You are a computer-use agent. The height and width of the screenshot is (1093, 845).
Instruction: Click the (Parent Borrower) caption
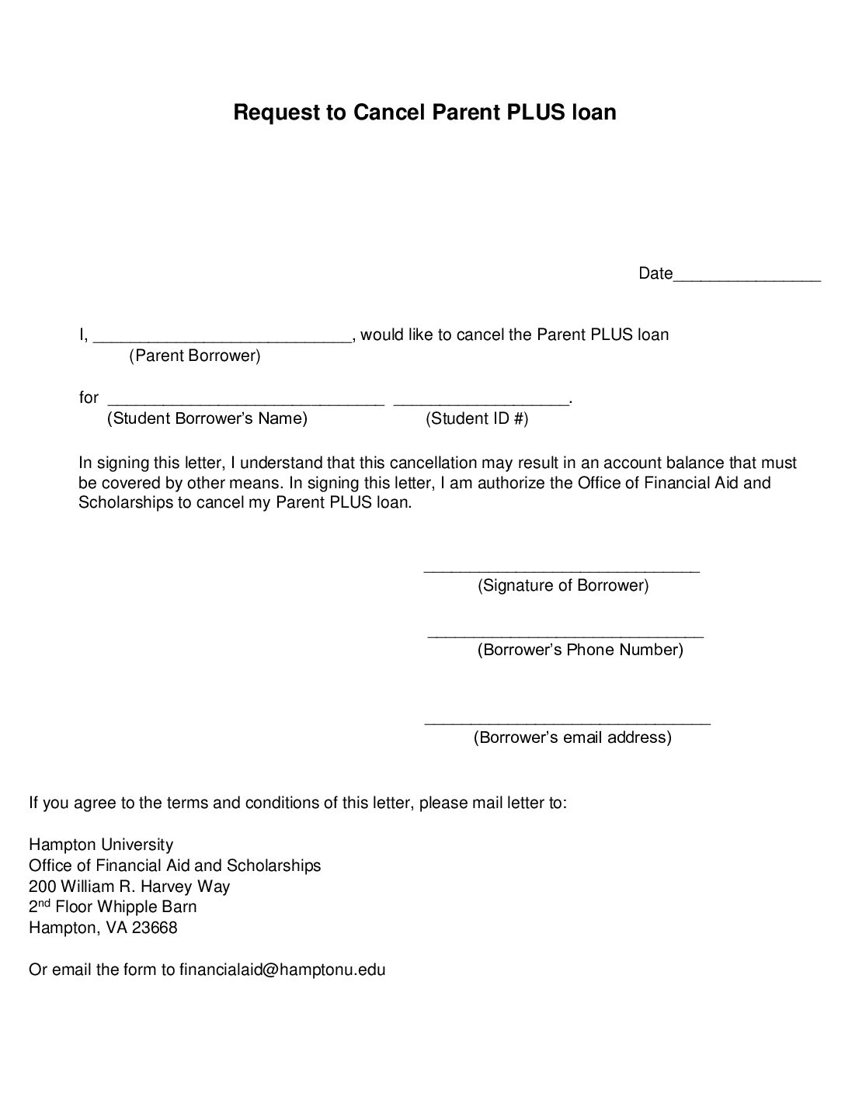(x=195, y=356)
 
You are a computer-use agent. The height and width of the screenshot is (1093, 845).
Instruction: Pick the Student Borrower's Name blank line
(x=245, y=401)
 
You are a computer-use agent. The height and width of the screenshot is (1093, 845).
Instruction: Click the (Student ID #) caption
(x=477, y=419)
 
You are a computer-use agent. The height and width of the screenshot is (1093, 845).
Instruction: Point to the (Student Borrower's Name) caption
(x=207, y=419)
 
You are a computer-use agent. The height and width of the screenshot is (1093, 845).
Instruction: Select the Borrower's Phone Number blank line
(x=565, y=635)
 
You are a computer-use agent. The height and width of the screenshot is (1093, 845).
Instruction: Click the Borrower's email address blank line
(x=567, y=723)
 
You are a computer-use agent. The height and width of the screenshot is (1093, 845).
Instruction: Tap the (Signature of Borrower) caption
(x=563, y=586)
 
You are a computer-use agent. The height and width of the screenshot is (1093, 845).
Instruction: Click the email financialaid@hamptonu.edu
(x=283, y=970)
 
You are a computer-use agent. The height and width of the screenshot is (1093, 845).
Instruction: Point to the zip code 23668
(x=155, y=928)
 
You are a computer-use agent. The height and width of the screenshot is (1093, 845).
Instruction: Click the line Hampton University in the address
(x=101, y=845)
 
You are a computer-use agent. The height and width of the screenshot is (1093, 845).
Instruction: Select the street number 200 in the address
(x=42, y=887)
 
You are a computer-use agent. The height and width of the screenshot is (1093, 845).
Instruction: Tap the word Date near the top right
(x=655, y=273)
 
